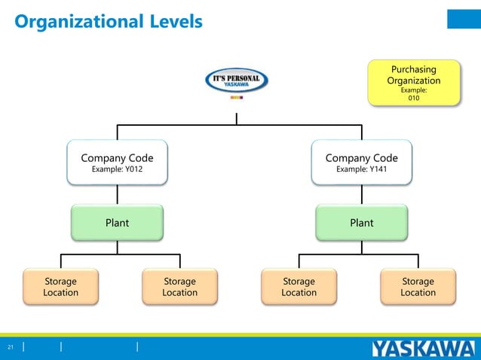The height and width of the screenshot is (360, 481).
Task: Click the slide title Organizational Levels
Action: pyautogui.click(x=109, y=21)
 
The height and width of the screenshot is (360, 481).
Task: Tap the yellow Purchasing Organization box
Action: pyautogui.click(x=413, y=82)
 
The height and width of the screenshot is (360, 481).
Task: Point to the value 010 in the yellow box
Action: pyautogui.click(x=414, y=98)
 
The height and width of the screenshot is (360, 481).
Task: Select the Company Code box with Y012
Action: pyautogui.click(x=117, y=162)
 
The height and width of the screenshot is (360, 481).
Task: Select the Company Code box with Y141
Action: pyautogui.click(x=361, y=162)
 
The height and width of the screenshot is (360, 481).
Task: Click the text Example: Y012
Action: pyautogui.click(x=117, y=169)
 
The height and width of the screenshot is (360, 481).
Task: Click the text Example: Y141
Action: pyautogui.click(x=361, y=169)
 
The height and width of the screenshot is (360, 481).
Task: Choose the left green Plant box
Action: pyautogui.click(x=117, y=222)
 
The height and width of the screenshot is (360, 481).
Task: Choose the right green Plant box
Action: pyautogui.click(x=361, y=222)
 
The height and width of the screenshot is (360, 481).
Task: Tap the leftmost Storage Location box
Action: pyautogui.click(x=60, y=286)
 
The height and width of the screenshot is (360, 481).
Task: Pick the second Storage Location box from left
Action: pyautogui.click(x=179, y=286)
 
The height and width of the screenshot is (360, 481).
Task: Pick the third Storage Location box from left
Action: pyautogui.click(x=299, y=286)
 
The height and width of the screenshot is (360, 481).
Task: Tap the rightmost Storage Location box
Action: pyautogui.click(x=418, y=286)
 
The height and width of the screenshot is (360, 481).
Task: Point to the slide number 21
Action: pyautogui.click(x=11, y=347)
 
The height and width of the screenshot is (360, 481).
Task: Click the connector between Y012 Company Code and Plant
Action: pyautogui.click(x=117, y=194)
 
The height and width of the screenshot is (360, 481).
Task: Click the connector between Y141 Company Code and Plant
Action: pyautogui.click(x=361, y=194)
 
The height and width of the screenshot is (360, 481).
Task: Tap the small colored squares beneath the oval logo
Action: pyautogui.click(x=236, y=97)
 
